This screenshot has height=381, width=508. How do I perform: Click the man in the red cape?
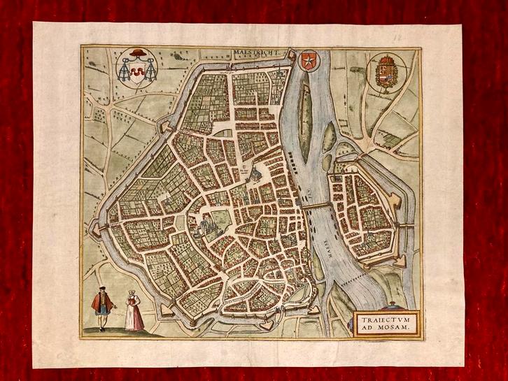click(x=102, y=305)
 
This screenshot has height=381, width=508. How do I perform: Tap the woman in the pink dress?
click(x=134, y=311)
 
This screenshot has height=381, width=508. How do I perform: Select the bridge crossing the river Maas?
click(x=317, y=206)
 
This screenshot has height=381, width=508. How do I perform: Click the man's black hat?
click(x=102, y=289)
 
